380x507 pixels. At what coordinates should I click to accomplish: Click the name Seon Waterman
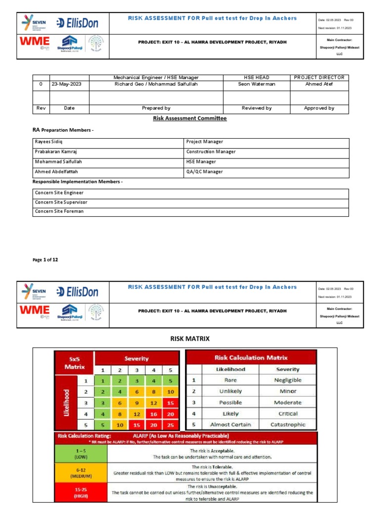[256, 84]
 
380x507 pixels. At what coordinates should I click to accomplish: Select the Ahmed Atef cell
[319, 84]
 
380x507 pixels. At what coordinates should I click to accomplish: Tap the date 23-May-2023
[67, 84]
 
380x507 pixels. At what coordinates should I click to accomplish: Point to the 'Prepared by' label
[156, 108]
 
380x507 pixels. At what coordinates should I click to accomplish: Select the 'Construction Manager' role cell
[211, 152]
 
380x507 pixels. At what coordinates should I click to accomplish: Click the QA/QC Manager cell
[204, 172]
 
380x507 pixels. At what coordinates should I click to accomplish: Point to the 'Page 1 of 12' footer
[46, 259]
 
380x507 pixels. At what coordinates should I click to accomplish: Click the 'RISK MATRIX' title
[190, 339]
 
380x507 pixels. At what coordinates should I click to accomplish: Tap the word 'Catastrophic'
[287, 425]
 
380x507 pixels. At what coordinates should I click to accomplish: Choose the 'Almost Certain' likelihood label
[231, 425]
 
